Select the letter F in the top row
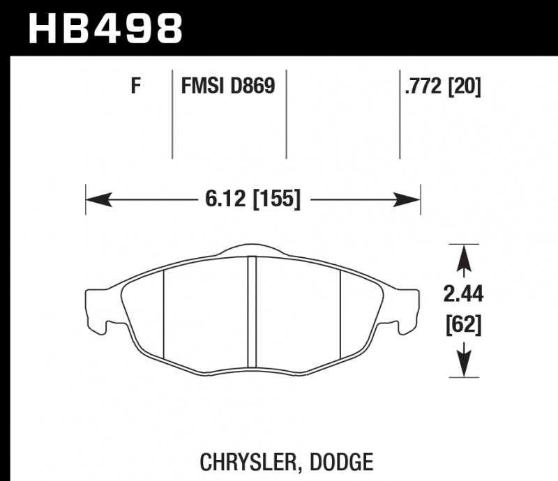tap(136, 87)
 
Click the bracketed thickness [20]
tap(465, 87)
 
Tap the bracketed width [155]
tap(276, 200)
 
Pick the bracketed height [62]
tap(463, 325)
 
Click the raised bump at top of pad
tap(253, 250)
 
